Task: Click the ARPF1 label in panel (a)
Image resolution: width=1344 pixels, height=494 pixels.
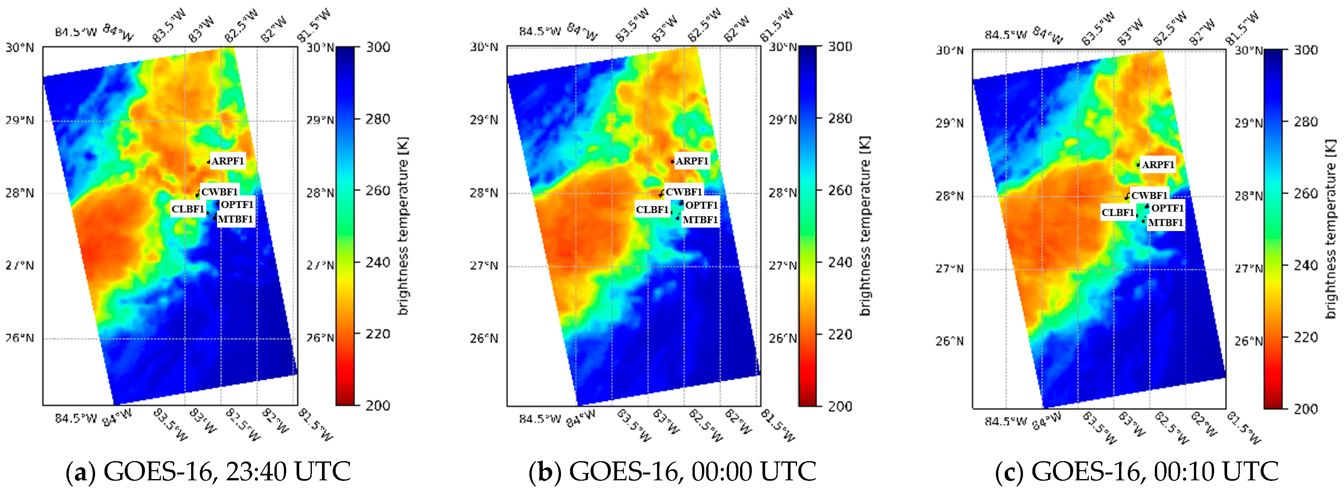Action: [228, 161]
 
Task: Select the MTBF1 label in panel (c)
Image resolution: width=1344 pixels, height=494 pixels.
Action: [1166, 223]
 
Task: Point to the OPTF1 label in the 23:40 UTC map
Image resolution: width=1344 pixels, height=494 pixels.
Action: [237, 204]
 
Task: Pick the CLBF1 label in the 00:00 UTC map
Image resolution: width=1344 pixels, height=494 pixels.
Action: [652, 210]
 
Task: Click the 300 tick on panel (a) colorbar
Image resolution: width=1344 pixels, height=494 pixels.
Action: [378, 48]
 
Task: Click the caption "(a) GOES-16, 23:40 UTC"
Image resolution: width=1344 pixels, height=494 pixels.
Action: [208, 472]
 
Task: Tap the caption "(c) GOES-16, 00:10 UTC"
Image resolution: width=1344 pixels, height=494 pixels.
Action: [1137, 472]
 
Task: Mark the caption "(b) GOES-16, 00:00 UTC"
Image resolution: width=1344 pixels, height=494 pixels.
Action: [672, 472]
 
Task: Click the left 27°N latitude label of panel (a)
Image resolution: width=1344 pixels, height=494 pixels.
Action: [20, 266]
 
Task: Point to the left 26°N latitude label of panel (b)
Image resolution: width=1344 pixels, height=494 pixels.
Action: [484, 338]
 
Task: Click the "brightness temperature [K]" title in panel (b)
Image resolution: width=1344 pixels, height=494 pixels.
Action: [865, 226]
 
